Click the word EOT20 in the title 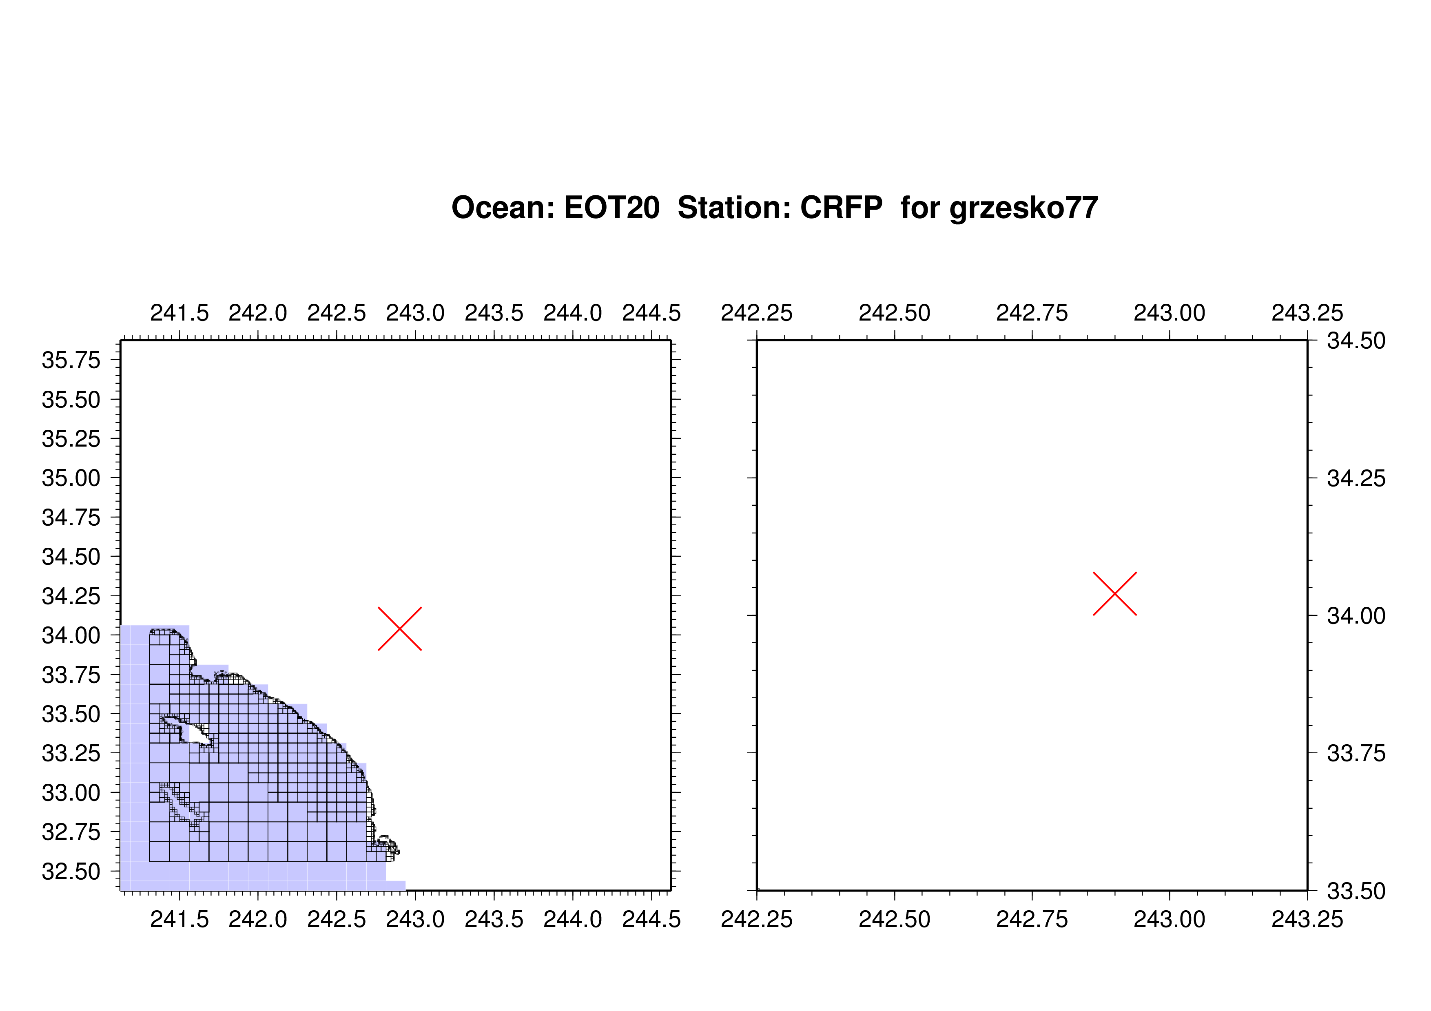611,208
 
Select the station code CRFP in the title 842,208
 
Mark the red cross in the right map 1115,594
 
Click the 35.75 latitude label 71,360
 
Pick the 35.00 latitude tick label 71,478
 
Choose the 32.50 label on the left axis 71,872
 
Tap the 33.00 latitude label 71,793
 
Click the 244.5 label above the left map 651,313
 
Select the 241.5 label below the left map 179,919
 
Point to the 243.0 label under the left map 415,919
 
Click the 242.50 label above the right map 894,313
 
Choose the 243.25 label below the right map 1307,919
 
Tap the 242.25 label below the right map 757,919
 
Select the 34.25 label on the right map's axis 1356,478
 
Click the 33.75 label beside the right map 1356,754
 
